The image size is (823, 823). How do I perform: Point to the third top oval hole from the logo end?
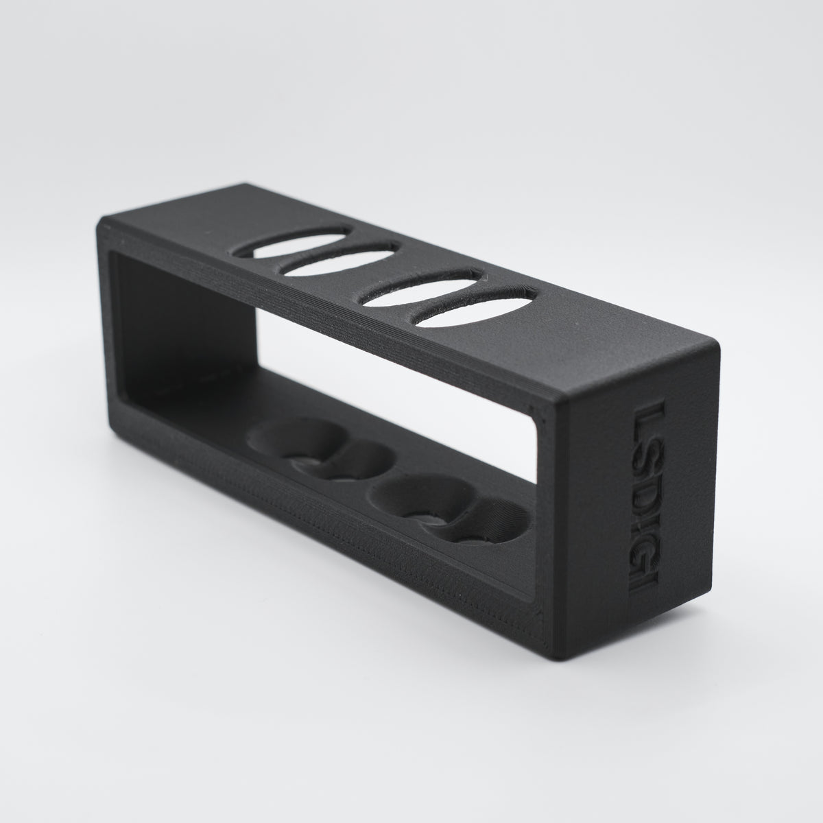[x=339, y=259]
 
